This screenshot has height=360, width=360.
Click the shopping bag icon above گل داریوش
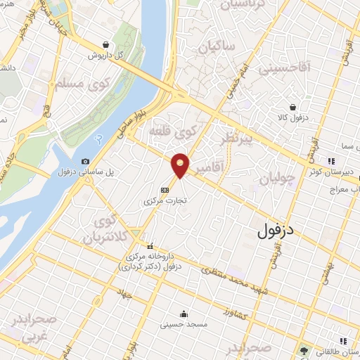[x=105, y=44]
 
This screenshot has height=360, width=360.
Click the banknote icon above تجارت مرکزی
[x=164, y=189]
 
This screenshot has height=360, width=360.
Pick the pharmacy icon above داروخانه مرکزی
[x=150, y=246]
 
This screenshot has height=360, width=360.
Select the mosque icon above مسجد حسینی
[x=184, y=314]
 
